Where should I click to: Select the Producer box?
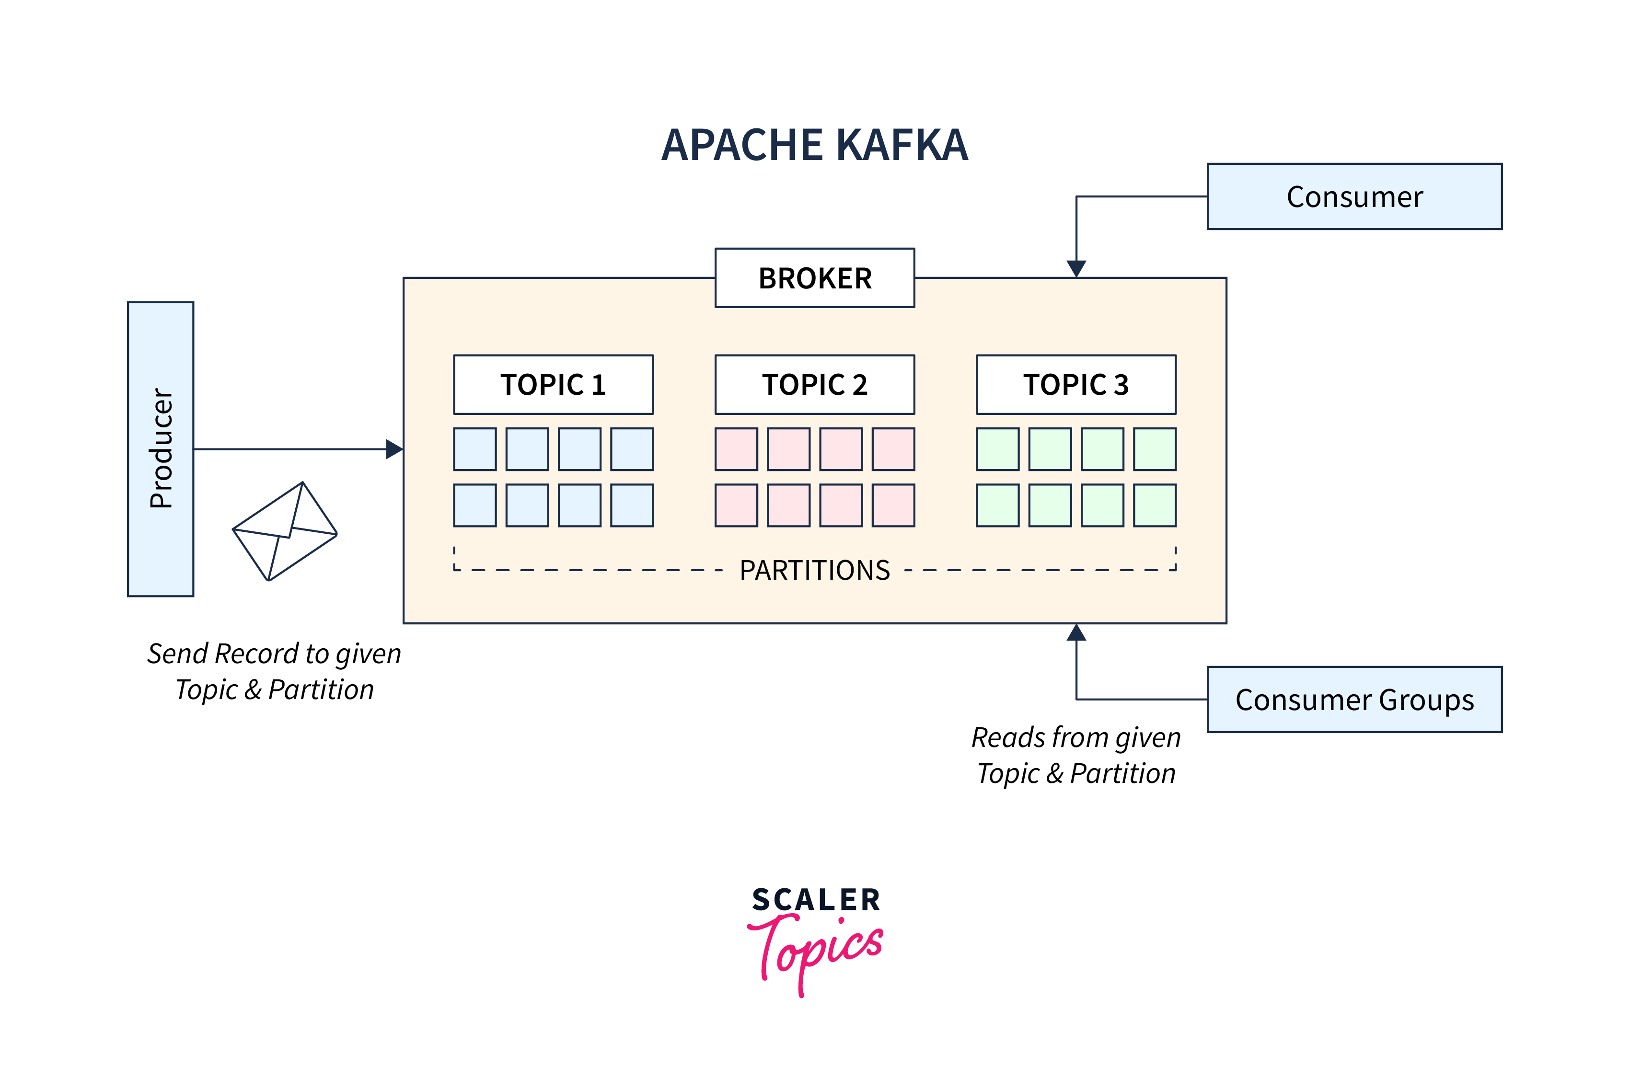(161, 448)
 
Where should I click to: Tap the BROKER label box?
(814, 278)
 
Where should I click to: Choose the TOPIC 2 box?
(814, 384)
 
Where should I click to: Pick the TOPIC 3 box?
(1076, 384)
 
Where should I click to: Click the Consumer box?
(1354, 197)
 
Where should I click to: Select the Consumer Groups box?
(1354, 700)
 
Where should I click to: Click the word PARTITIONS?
(814, 570)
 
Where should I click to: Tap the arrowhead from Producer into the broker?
(394, 449)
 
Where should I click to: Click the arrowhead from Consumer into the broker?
(1076, 268)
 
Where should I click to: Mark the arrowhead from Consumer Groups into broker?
(1076, 632)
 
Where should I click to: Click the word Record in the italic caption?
(256, 654)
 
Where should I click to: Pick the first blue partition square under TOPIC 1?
(475, 449)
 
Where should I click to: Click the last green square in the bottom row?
(1155, 505)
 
